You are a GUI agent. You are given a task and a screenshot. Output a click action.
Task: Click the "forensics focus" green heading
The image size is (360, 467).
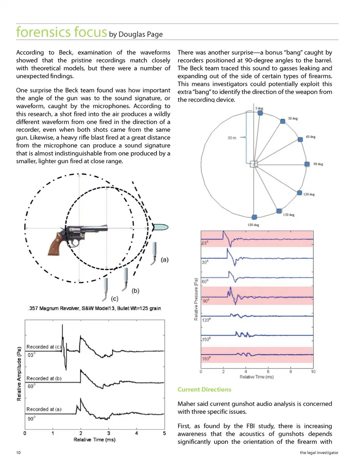(x=61, y=32)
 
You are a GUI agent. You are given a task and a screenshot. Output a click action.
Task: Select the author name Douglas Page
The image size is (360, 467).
(x=141, y=35)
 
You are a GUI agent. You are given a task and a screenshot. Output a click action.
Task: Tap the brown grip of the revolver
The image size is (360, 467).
(x=56, y=244)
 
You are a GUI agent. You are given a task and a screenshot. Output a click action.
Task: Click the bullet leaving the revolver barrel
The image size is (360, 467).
(x=161, y=227)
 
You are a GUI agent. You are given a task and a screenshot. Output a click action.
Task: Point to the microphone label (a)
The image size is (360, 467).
(x=165, y=260)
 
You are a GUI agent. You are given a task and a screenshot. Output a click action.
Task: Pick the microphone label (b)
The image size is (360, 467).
(x=135, y=291)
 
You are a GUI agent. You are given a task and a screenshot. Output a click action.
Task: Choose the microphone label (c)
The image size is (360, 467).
(x=114, y=299)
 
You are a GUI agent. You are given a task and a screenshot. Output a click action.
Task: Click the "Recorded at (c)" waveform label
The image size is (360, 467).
(x=43, y=347)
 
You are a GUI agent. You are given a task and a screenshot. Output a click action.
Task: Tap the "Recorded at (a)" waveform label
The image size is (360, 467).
(x=43, y=409)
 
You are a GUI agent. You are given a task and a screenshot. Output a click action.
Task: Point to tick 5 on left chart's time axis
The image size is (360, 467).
(x=164, y=433)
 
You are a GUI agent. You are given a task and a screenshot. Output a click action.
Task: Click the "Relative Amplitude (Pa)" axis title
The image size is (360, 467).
(x=19, y=374)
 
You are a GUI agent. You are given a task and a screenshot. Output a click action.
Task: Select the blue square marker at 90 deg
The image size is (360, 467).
(x=307, y=164)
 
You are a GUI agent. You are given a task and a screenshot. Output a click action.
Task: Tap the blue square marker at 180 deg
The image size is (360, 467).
(x=254, y=217)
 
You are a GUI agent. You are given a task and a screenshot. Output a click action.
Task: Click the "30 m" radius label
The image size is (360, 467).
(x=232, y=138)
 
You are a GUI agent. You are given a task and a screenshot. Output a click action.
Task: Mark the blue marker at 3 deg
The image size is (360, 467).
(x=260, y=113)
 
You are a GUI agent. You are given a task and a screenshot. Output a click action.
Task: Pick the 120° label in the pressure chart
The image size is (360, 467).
(x=206, y=320)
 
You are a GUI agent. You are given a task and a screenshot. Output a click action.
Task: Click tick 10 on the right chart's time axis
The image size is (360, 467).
(x=313, y=372)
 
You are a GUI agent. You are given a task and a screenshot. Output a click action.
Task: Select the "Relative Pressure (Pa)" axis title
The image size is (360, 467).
(x=196, y=299)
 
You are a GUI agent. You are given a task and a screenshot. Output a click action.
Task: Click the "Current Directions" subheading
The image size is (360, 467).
(x=204, y=389)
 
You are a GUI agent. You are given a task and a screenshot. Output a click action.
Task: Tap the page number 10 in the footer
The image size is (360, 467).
(x=18, y=453)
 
